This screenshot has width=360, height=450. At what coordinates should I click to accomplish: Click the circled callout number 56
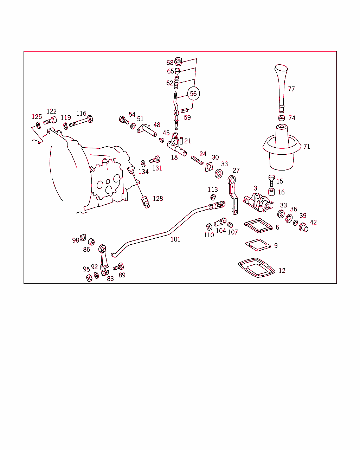(193, 94)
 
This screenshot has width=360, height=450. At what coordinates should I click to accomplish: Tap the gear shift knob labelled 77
(281, 88)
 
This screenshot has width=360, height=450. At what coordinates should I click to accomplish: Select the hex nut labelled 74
(282, 118)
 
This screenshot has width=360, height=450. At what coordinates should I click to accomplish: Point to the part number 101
(175, 239)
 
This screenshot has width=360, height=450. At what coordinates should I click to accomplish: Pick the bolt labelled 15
(271, 180)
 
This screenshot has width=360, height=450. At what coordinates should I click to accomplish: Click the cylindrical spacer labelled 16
(271, 192)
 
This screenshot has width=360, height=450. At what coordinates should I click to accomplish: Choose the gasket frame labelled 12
(257, 268)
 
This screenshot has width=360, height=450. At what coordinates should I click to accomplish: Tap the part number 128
(158, 198)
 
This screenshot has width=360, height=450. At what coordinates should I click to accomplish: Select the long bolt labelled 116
(81, 122)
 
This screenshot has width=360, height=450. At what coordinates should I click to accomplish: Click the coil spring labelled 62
(176, 82)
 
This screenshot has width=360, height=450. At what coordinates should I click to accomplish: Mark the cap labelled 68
(178, 62)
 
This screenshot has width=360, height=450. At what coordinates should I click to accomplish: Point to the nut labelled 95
(89, 278)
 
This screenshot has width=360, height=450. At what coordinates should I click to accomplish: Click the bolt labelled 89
(118, 267)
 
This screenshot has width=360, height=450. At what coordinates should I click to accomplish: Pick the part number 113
(213, 189)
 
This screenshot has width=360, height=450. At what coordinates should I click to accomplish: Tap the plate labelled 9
(258, 245)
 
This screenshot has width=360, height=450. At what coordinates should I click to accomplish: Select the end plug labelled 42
(303, 227)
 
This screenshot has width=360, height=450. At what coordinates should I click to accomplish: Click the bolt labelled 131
(155, 160)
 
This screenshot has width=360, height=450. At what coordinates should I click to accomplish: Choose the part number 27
(236, 170)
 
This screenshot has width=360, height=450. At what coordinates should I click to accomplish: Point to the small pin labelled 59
(184, 110)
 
